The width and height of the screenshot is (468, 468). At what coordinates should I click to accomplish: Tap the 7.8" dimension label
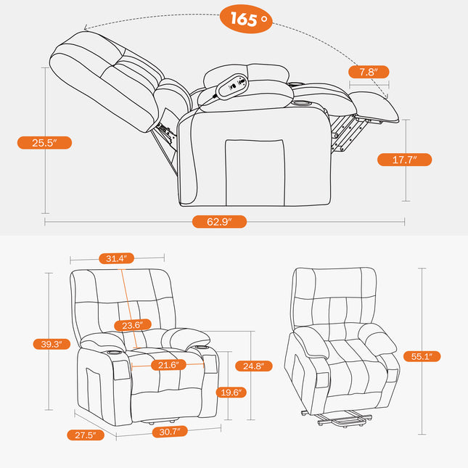[369, 71]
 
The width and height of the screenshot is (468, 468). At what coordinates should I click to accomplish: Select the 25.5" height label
[44, 143]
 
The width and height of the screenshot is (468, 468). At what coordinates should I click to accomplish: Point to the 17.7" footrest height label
[404, 160]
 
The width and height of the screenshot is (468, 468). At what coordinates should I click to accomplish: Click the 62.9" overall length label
[219, 222]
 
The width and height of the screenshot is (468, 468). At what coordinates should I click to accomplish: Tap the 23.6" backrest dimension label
[132, 325]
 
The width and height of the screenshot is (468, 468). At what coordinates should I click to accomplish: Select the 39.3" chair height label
[52, 344]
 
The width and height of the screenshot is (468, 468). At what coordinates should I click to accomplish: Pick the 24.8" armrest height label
[258, 366]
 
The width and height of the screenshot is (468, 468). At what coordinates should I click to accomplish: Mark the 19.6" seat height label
[232, 393]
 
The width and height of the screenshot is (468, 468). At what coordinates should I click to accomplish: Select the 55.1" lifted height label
[422, 356]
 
